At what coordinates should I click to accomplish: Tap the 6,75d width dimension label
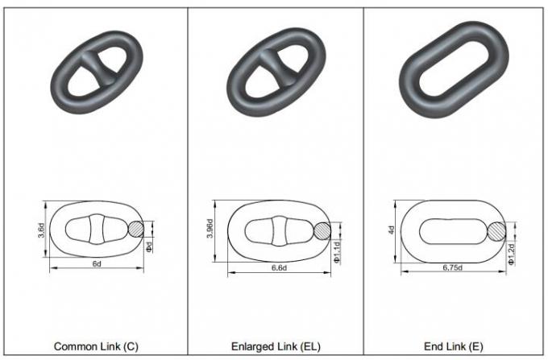pyautogui.click(x=455, y=267)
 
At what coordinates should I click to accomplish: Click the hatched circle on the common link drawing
pyautogui.click(x=138, y=230)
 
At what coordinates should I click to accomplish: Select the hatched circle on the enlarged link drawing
pyautogui.click(x=323, y=230)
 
